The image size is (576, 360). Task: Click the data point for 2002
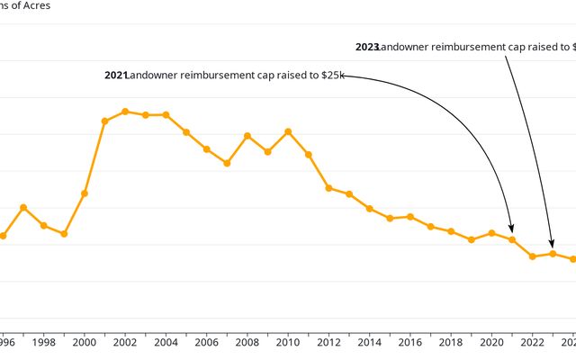pos(125,112)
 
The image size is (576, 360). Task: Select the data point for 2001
pos(104,121)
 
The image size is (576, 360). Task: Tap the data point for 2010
pos(288,131)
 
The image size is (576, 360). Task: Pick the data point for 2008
pos(247,136)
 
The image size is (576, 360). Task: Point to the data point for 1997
pos(23,207)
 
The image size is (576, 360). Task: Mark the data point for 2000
pos(85,193)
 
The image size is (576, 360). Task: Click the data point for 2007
pos(227,163)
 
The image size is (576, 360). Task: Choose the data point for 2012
pos(328,188)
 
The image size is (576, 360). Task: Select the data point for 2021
pos(512,239)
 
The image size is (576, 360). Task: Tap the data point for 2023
pos(553,254)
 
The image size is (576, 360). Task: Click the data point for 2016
pos(410,217)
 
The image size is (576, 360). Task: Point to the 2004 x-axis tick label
pos(166,343)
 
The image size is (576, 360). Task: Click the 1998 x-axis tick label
pos(43,343)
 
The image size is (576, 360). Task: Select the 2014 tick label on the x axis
pos(370,343)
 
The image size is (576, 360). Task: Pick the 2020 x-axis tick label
pos(492,343)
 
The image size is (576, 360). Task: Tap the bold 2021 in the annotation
pos(116,76)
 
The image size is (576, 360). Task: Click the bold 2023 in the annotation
pos(367,47)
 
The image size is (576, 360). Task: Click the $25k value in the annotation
pos(332,76)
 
